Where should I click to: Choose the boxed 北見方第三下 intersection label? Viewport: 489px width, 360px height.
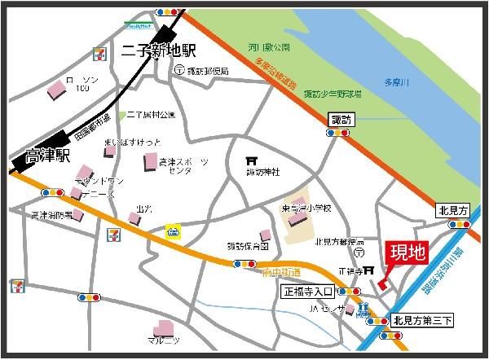coord(421,319)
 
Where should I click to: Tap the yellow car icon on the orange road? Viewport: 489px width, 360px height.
coord(172,231)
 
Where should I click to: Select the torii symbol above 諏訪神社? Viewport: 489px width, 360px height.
coord(252,160)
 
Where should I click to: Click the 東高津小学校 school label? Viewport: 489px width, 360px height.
coord(307,209)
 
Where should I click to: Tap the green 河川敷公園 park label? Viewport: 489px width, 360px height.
coord(271,47)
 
